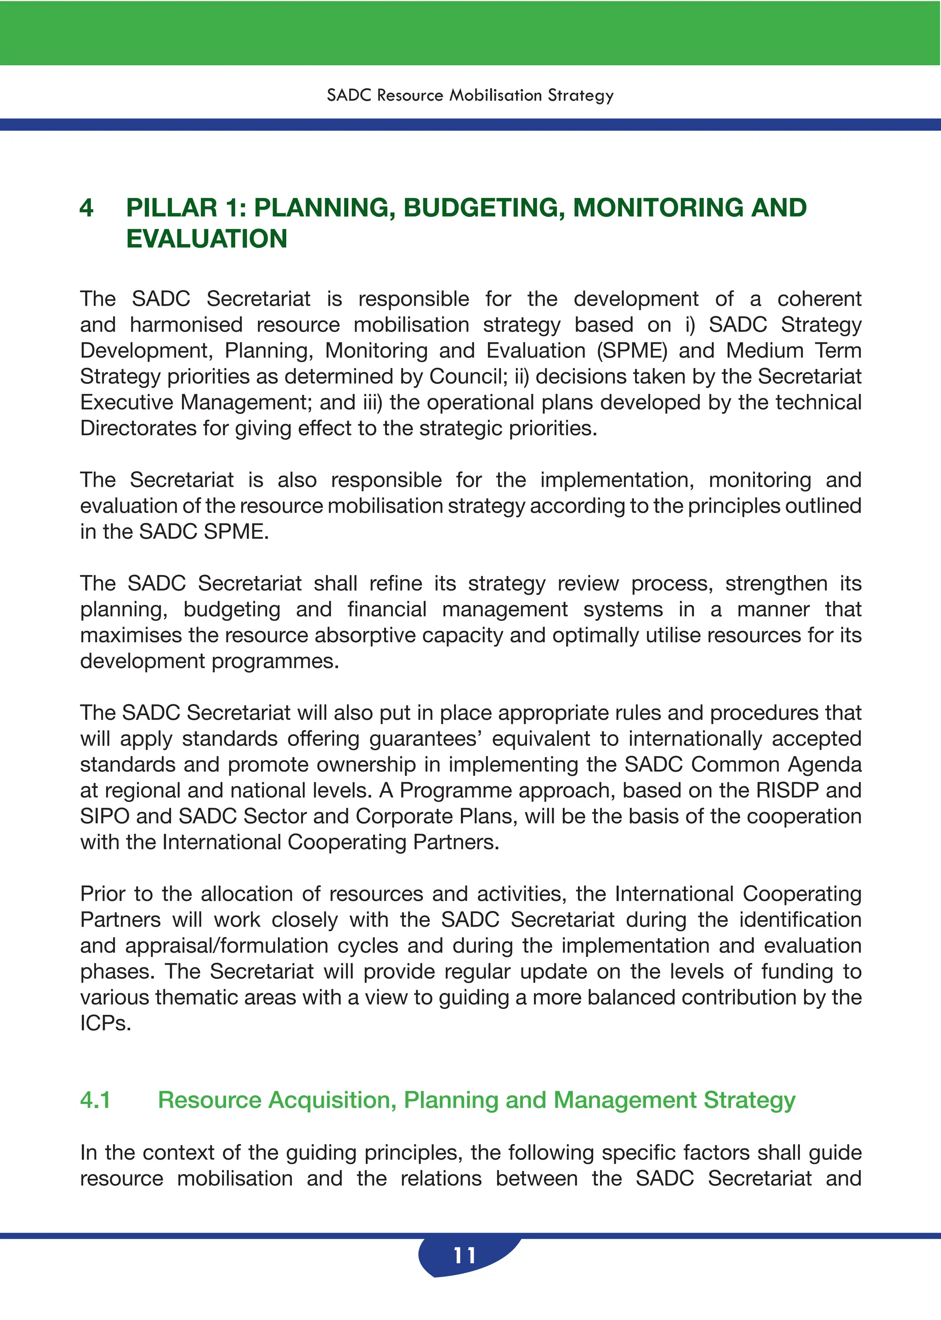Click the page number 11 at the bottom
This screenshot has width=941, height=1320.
coord(464,1255)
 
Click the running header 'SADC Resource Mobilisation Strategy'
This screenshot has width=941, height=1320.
coord(470,95)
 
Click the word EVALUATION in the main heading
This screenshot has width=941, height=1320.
coord(206,239)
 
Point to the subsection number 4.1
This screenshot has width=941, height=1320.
coord(96,1100)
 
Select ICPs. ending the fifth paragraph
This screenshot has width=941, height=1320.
coord(106,1023)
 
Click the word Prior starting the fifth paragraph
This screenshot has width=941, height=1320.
coord(102,894)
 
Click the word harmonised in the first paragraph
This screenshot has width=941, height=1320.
coord(186,325)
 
